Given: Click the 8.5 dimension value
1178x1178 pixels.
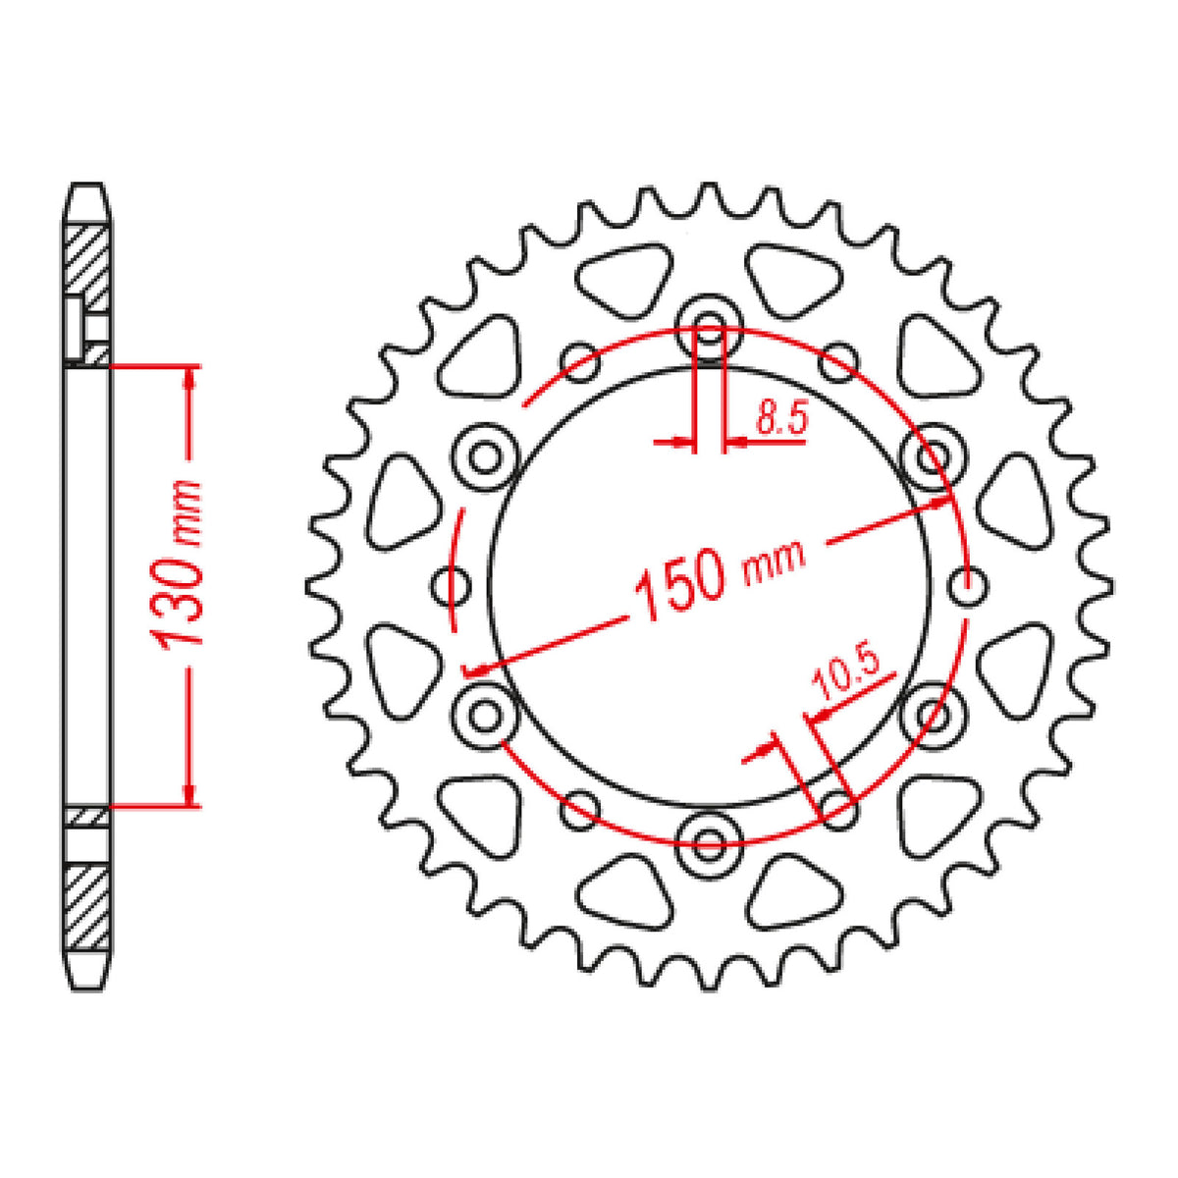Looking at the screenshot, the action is (x=781, y=417).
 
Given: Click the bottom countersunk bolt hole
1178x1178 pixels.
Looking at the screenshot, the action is (x=709, y=845).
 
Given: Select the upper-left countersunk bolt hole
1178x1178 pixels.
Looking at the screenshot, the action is (x=485, y=456).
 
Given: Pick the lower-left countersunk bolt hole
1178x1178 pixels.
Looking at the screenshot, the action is (x=485, y=716).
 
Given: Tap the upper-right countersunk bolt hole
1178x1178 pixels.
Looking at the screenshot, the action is (x=933, y=456).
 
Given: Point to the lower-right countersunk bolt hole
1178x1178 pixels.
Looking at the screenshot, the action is (x=933, y=716).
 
